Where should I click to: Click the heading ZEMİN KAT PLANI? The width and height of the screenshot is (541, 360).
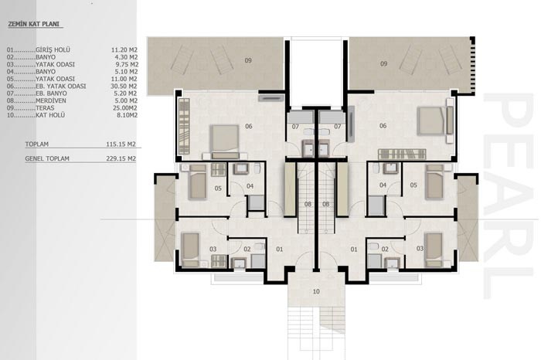pyautogui.click(x=33, y=24)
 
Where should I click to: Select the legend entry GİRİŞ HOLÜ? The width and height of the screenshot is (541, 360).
pyautogui.click(x=53, y=50)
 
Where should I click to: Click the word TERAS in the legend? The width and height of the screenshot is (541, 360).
pyautogui.click(x=45, y=108)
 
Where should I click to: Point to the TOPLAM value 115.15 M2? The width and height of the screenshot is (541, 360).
pyautogui.click(x=121, y=144)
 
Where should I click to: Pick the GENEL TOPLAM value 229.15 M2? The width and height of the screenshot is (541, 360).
pyautogui.click(x=121, y=158)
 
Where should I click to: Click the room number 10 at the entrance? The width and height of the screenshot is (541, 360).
pyautogui.click(x=316, y=292)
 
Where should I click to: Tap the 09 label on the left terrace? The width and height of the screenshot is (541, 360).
pyautogui.click(x=248, y=61)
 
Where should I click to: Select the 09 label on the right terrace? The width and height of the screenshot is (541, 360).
pyautogui.click(x=383, y=64)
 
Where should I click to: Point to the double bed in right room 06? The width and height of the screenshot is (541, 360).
pyautogui.click(x=434, y=121)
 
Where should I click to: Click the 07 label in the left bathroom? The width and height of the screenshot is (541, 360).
pyautogui.click(x=295, y=127)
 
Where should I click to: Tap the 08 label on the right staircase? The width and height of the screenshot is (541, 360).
pyautogui.click(x=325, y=205)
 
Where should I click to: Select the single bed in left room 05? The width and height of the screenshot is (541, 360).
pyautogui.click(x=198, y=182)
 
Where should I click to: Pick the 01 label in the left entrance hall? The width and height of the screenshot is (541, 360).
pyautogui.click(x=279, y=250)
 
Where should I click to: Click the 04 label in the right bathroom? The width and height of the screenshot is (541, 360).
pyautogui.click(x=383, y=185)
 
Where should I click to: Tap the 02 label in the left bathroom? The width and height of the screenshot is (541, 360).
pyautogui.click(x=247, y=250)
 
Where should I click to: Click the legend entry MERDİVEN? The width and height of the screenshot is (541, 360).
pyautogui.click(x=51, y=100)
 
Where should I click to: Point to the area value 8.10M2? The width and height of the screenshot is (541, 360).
pyautogui.click(x=127, y=115)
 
